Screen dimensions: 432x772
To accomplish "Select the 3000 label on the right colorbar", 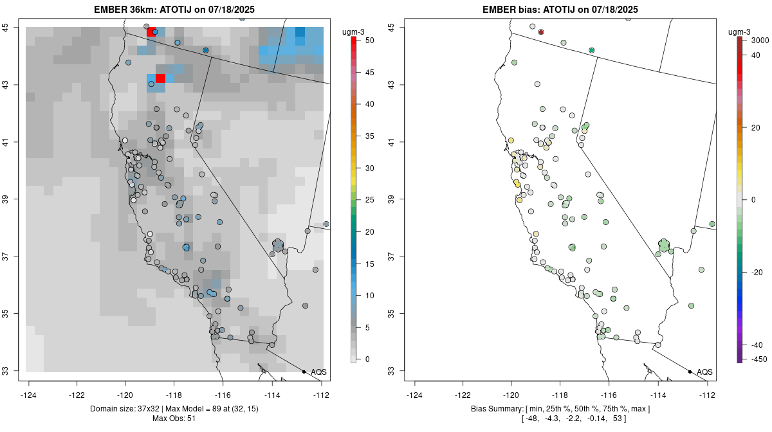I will click(x=760, y=40).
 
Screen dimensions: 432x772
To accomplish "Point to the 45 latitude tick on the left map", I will click(x=14, y=27).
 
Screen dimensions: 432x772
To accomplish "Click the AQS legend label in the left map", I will click(x=318, y=372).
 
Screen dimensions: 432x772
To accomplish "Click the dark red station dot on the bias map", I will click(x=541, y=32).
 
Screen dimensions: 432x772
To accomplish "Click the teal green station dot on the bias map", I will click(x=592, y=50).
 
